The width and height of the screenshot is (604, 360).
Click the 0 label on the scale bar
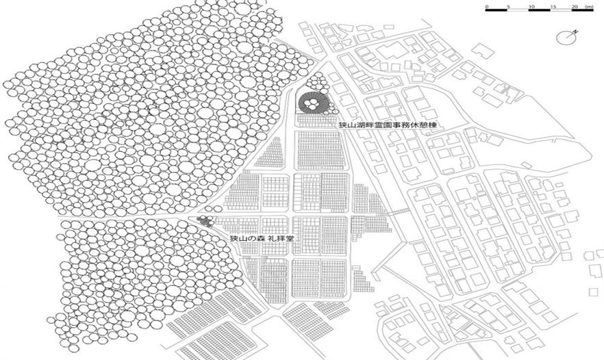point(487,6)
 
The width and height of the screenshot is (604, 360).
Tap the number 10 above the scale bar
point(531,6)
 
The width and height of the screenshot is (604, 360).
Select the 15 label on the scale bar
point(553,6)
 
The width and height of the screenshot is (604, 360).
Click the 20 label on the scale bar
point(574,6)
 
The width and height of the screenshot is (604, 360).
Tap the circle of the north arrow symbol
point(566,36)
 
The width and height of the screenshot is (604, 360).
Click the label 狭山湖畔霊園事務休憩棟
point(388,126)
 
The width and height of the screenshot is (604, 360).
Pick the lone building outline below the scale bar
point(483,51)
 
